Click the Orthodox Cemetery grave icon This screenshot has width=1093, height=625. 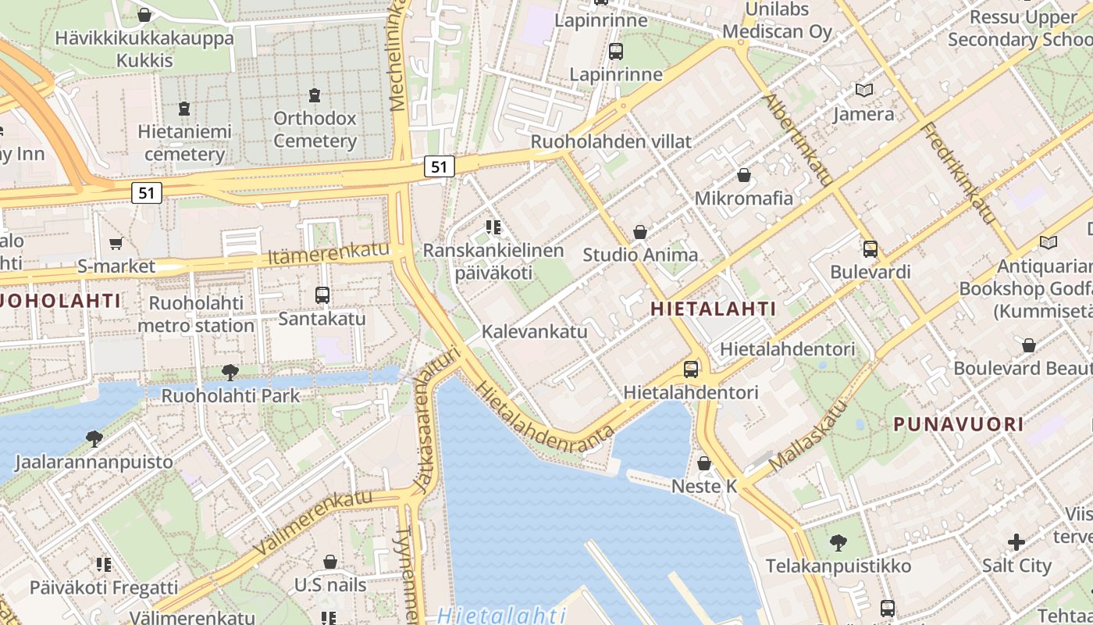(315, 95)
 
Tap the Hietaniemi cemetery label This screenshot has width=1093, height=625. (184, 142)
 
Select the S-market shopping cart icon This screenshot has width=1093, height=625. (116, 244)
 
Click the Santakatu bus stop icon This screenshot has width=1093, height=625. (322, 295)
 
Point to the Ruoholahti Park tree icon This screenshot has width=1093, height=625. (230, 373)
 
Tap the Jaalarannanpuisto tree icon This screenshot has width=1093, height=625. (94, 438)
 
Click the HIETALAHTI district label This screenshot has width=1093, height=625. (713, 309)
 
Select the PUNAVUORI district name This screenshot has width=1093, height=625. (958, 424)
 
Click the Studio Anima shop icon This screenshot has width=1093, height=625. (640, 232)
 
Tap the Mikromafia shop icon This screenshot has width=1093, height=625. (744, 175)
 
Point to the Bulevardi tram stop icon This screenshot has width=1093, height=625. (870, 249)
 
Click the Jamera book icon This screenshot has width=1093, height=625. (863, 91)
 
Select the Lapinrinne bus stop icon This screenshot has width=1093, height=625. (616, 52)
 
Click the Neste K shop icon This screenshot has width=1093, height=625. (704, 463)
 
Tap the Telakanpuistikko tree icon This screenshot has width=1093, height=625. (838, 541)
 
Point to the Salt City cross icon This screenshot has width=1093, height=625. (1016, 541)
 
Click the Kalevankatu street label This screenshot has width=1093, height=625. (534, 331)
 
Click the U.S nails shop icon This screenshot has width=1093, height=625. (330, 561)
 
